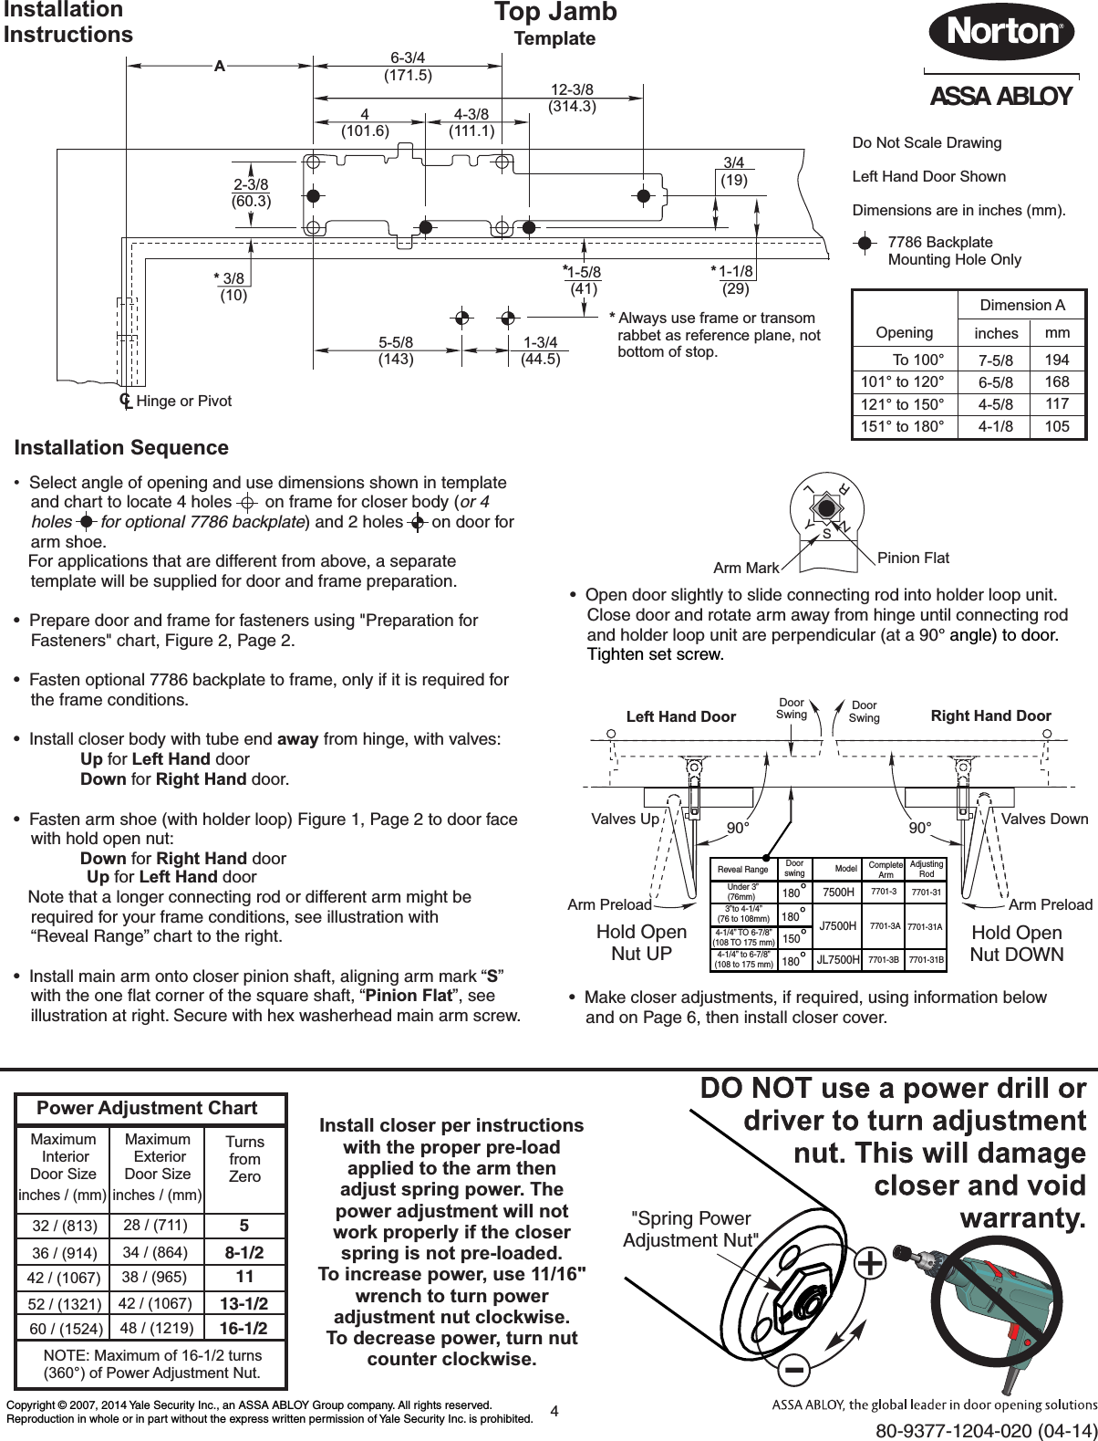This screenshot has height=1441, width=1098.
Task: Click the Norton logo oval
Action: point(1000,31)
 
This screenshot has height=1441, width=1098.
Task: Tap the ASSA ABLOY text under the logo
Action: point(1000,97)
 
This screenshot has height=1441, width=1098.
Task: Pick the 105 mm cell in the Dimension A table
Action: point(1058,425)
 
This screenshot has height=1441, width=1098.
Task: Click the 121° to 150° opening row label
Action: point(904,403)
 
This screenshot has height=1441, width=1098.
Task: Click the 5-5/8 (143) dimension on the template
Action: point(396,350)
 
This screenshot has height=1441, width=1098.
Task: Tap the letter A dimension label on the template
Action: point(219,66)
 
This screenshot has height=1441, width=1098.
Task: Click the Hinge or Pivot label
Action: point(183,401)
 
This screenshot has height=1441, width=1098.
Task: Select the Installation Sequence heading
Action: point(121,448)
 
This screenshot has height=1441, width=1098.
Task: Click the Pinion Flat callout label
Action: point(913,558)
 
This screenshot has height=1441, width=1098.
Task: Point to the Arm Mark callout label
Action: point(746,569)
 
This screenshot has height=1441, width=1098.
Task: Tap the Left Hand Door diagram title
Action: point(680,716)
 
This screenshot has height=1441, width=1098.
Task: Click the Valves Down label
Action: point(1044,819)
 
